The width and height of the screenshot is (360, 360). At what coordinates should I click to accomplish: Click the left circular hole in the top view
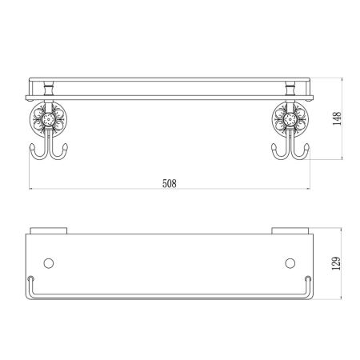50,262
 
